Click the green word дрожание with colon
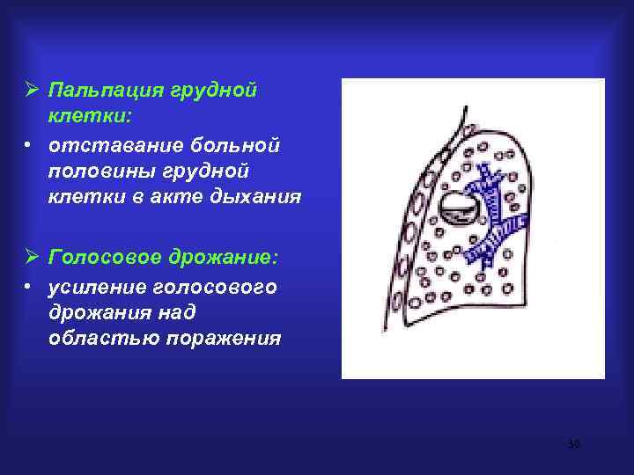click(225, 258)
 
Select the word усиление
click(98, 288)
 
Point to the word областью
click(100, 340)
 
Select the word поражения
click(225, 340)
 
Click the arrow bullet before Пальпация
click(31, 91)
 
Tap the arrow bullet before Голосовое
click(31, 258)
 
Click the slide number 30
click(573, 445)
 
